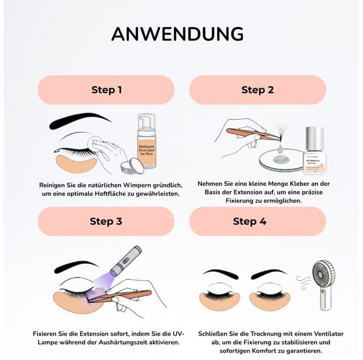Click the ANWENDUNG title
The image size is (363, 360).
pyautogui.click(x=177, y=34)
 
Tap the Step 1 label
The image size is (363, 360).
pyautogui.click(x=107, y=90)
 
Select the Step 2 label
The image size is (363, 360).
pyautogui.click(x=257, y=90)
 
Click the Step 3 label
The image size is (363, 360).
pyautogui.click(x=105, y=221)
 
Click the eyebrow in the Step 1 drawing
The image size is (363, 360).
pyautogui.click(x=79, y=121)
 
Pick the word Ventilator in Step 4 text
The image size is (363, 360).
pyautogui.click(x=307, y=334)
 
